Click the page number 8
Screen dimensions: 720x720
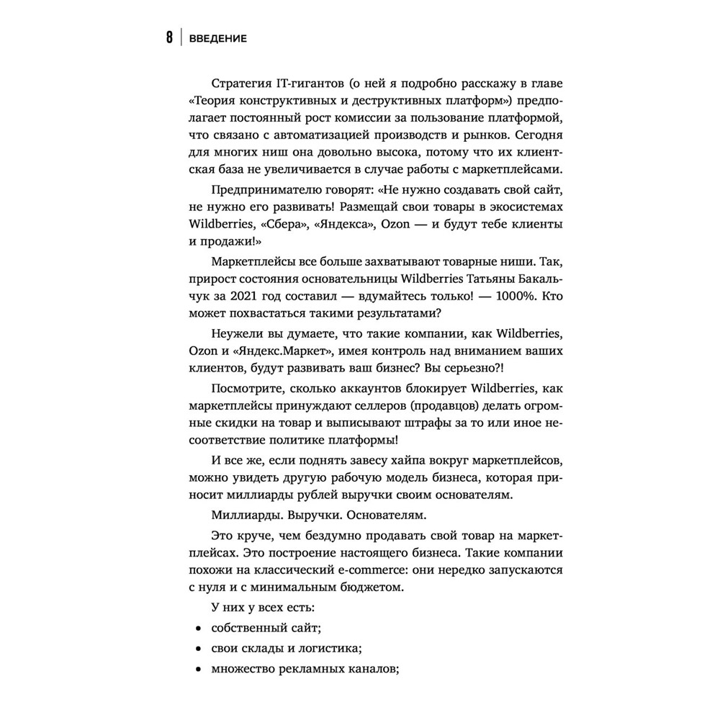tap(168, 38)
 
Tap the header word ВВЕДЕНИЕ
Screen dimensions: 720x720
tap(217, 39)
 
